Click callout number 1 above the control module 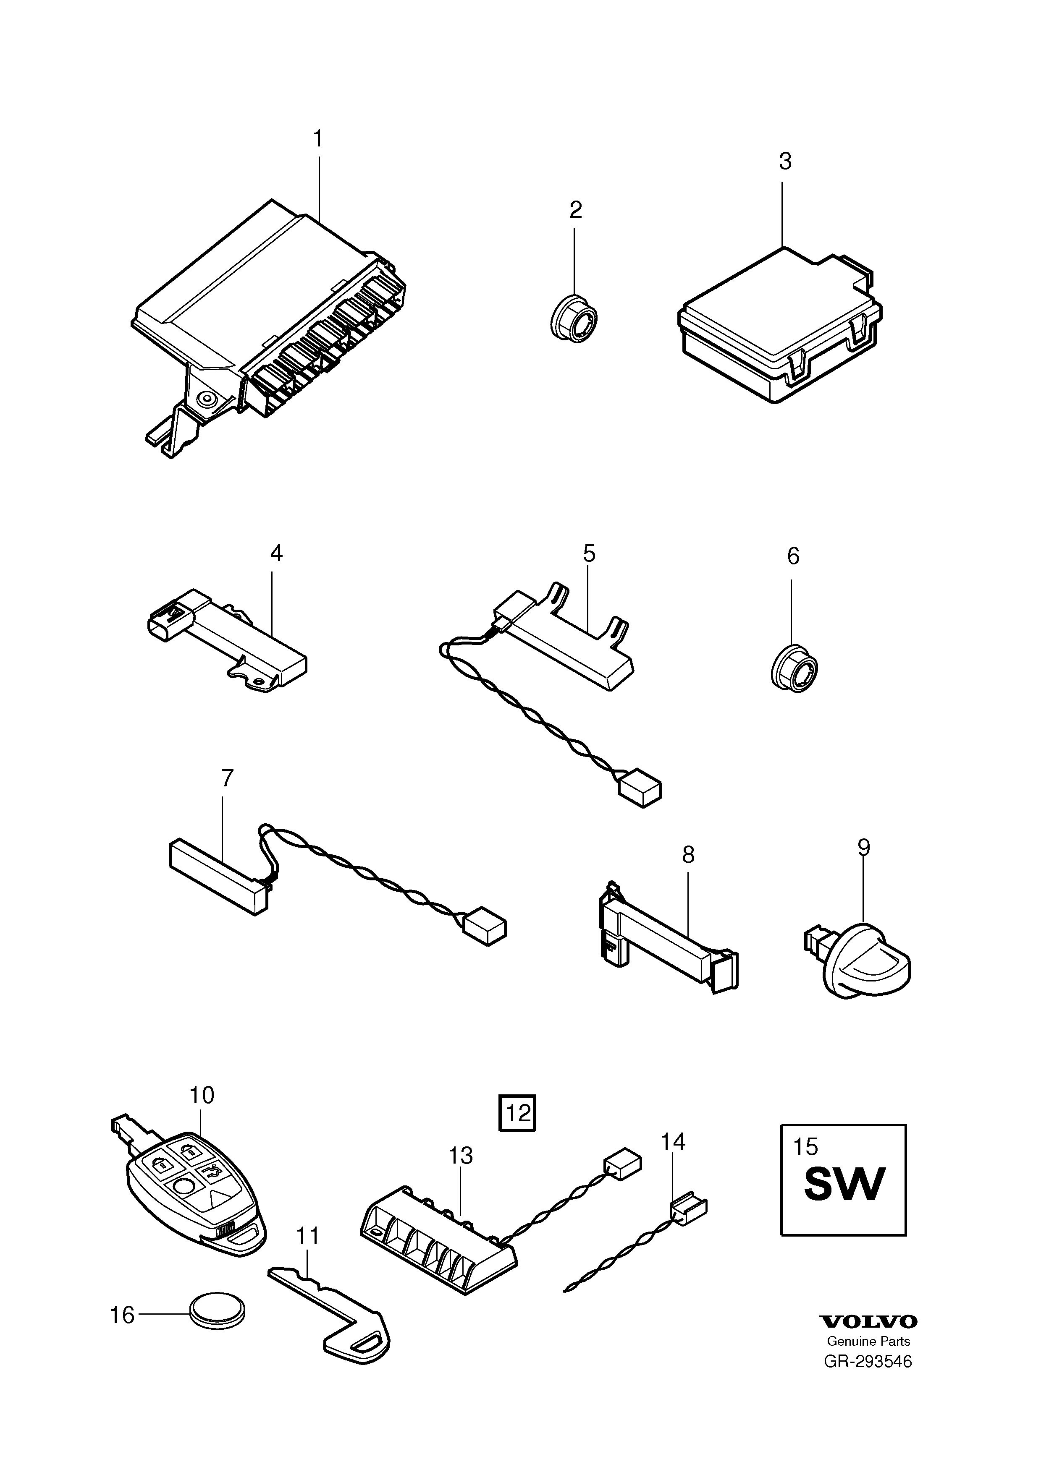(x=317, y=139)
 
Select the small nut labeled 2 (x=574, y=321)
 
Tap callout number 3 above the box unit (x=785, y=162)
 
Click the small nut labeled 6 (x=794, y=669)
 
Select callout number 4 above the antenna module (x=276, y=553)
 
